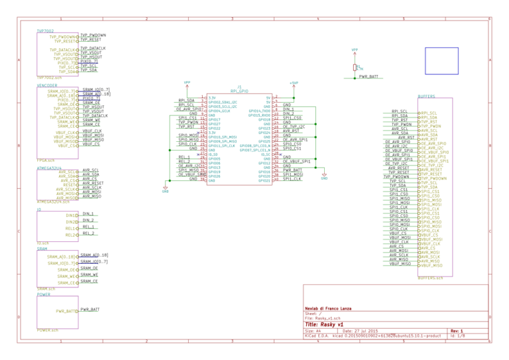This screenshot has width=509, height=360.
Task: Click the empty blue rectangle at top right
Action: [x=441, y=61]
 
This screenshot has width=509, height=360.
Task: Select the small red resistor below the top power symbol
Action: [x=355, y=67]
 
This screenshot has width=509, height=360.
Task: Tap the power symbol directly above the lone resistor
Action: [x=355, y=51]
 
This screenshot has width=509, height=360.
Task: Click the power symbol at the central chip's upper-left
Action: [x=187, y=84]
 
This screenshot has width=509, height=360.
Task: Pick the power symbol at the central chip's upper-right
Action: [x=294, y=84]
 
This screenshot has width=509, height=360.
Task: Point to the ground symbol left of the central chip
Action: [x=165, y=189]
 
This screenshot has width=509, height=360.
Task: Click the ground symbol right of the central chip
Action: [x=324, y=176]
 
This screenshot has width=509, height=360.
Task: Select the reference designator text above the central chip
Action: [x=239, y=87]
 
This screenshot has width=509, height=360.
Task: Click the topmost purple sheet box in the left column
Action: [x=58, y=54]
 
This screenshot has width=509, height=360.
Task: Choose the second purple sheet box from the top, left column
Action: [x=58, y=123]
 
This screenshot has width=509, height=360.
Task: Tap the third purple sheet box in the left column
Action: [x=58, y=185]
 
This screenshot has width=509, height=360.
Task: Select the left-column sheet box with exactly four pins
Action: [x=58, y=226]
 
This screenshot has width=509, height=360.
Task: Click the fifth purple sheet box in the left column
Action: [x=58, y=269]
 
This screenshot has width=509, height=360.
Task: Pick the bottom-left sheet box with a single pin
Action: [x=58, y=312]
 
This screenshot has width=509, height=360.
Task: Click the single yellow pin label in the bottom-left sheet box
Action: [x=67, y=311]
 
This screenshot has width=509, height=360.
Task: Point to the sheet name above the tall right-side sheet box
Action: [x=426, y=96]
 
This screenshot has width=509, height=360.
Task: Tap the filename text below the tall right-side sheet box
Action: [x=430, y=278]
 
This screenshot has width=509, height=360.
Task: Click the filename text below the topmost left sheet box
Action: [x=49, y=78]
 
